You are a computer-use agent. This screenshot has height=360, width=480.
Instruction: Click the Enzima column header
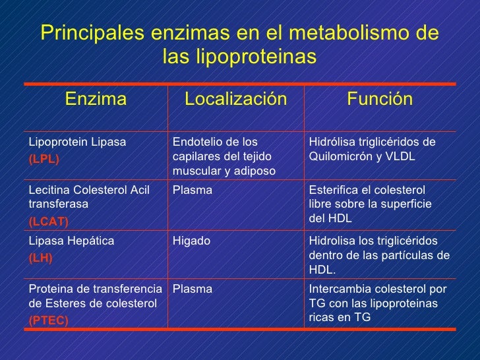[x=96, y=100]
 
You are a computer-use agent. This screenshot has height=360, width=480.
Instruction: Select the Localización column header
[x=235, y=100]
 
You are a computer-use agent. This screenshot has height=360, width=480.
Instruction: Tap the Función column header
[x=380, y=100]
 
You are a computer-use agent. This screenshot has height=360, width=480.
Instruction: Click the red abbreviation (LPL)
[x=44, y=159]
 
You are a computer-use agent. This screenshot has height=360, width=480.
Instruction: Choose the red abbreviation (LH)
[x=40, y=258]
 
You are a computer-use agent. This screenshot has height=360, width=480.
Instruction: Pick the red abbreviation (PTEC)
[x=48, y=320]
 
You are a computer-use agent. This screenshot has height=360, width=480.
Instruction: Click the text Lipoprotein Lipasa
[x=77, y=142]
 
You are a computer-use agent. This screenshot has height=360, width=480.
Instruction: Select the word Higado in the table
[x=191, y=241]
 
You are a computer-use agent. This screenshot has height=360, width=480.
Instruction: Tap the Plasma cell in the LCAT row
[x=192, y=190]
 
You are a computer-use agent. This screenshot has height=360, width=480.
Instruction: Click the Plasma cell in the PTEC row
[x=192, y=289]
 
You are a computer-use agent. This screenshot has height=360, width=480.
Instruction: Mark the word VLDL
[x=399, y=158]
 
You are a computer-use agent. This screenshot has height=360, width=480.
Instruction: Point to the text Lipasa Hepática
[x=71, y=241]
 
